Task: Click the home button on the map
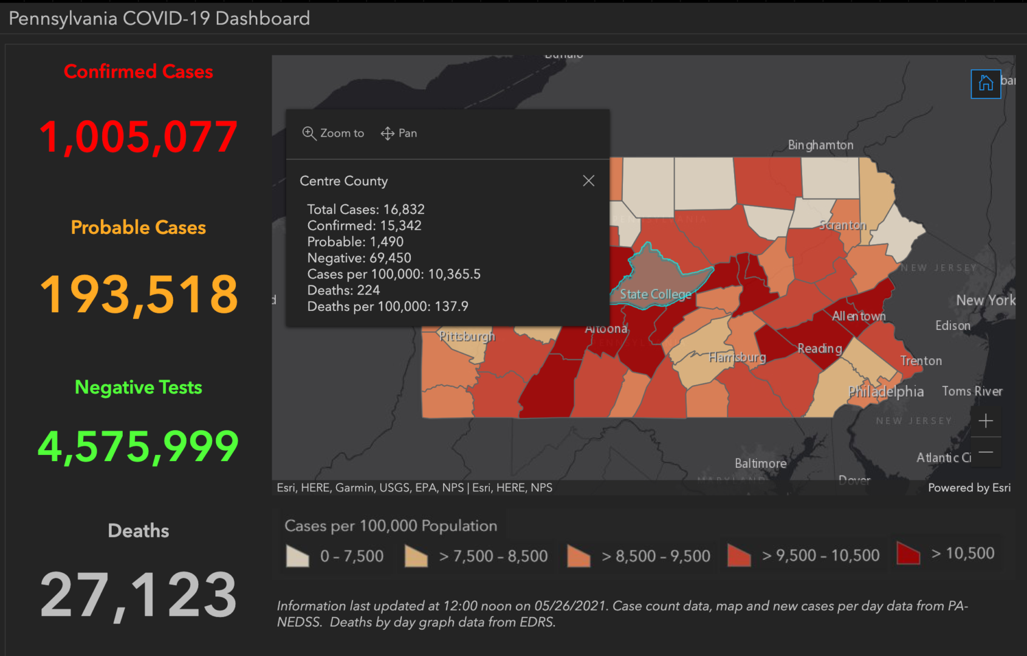pos(986,83)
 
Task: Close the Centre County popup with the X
pos(588,181)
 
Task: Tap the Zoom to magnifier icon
pos(309,134)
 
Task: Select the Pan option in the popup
pos(399,134)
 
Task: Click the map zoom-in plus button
pos(986,420)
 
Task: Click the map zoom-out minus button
pos(986,452)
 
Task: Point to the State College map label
pos(655,295)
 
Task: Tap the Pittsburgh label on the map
pos(467,336)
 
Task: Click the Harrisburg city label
pos(737,357)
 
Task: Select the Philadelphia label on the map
pos(886,392)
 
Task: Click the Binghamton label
pos(820,145)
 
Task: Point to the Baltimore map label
pos(760,463)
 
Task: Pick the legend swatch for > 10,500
pos(908,553)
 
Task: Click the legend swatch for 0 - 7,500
pos(297,556)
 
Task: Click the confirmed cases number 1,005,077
pos(139,137)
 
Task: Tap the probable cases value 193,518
pos(139,294)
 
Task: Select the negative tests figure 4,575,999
pos(139,446)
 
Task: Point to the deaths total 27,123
pos(139,595)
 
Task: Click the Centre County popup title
pos(343,181)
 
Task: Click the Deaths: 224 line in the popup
pos(343,290)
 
